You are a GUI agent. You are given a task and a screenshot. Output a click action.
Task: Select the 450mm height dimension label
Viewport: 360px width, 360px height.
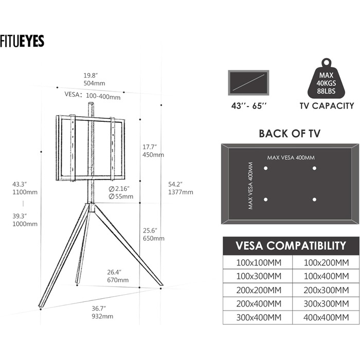tap(153, 154)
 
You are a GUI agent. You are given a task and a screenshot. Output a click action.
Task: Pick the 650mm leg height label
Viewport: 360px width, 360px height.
tap(153, 238)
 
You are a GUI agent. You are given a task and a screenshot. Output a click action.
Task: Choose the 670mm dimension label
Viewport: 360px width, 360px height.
tap(118, 280)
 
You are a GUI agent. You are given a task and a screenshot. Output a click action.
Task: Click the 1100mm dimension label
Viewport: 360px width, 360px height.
tap(26, 192)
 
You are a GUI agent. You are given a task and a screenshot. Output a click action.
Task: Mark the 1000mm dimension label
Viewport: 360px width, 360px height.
tap(26, 224)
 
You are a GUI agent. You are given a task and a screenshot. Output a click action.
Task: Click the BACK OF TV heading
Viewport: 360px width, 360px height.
tap(290, 134)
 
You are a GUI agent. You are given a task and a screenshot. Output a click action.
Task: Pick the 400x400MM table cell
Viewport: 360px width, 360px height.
tap(323, 318)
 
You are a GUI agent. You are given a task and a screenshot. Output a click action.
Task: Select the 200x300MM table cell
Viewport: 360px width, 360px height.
tap(323, 290)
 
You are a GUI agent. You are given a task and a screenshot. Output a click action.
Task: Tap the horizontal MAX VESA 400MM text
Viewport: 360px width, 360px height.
tap(291, 157)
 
